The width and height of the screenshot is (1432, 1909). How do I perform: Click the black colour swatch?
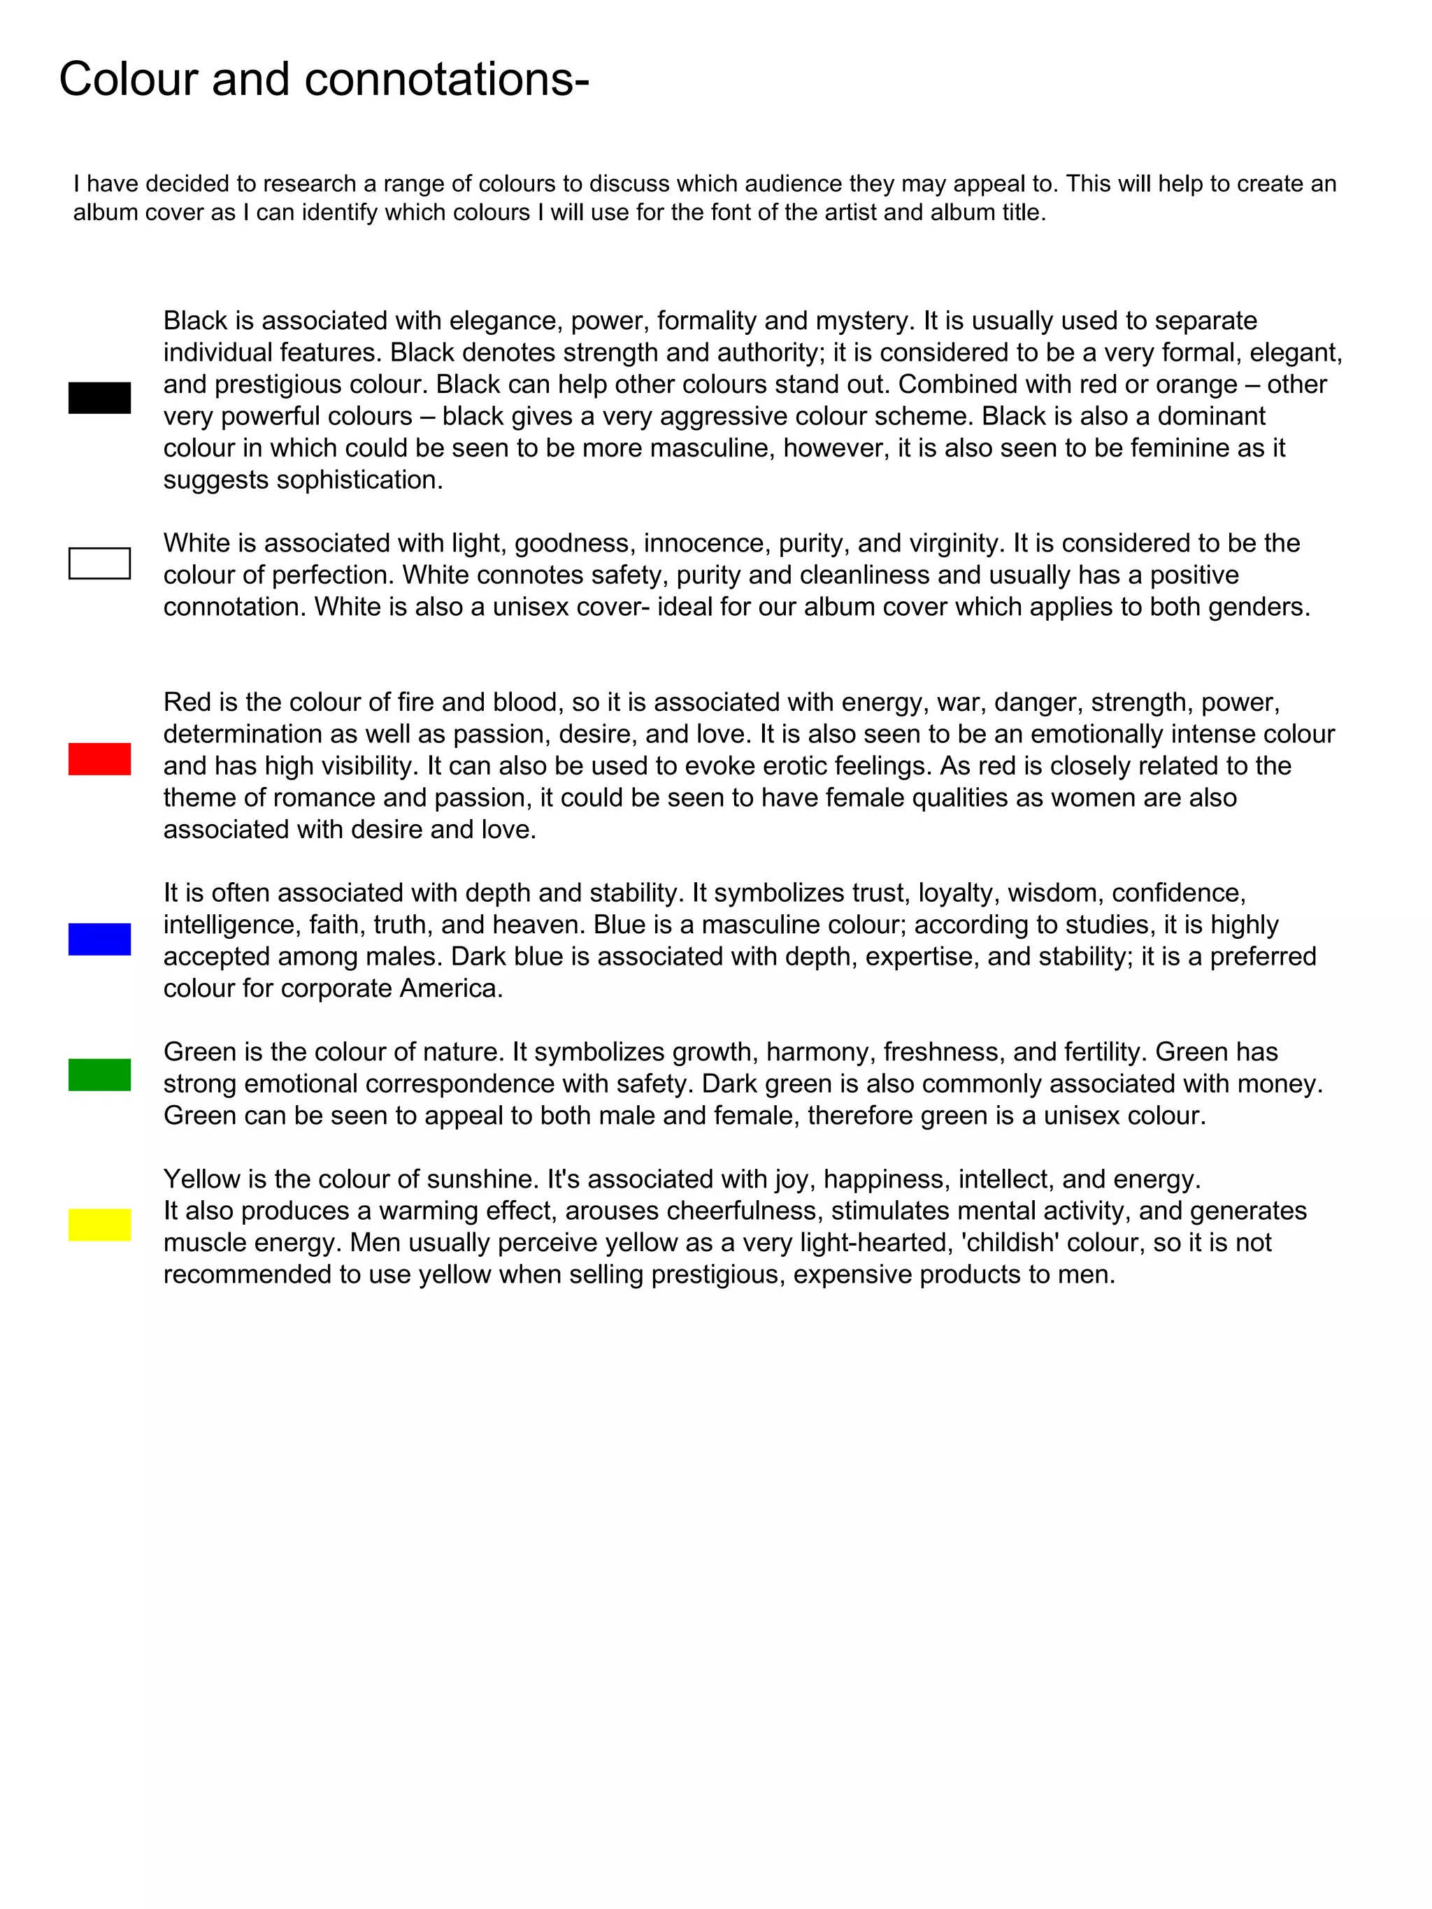click(x=99, y=398)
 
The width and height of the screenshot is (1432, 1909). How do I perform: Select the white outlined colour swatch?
click(x=99, y=563)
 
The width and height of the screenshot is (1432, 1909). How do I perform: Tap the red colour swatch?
click(x=99, y=758)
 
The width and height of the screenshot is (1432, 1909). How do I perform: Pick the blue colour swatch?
click(x=99, y=939)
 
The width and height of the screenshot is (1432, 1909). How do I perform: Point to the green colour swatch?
click(x=99, y=1074)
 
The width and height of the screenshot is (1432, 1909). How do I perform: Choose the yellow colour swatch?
click(x=99, y=1225)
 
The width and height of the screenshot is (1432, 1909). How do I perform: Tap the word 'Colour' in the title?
click(x=129, y=80)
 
